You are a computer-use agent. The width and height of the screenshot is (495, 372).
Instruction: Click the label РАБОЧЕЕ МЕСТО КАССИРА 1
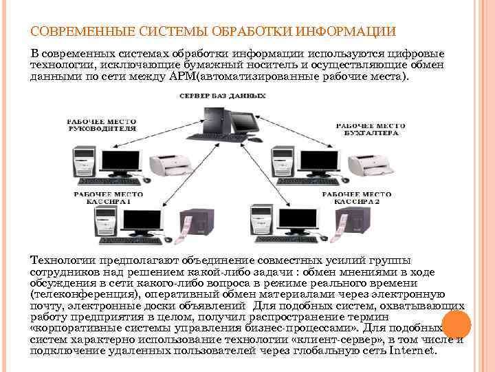104,199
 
